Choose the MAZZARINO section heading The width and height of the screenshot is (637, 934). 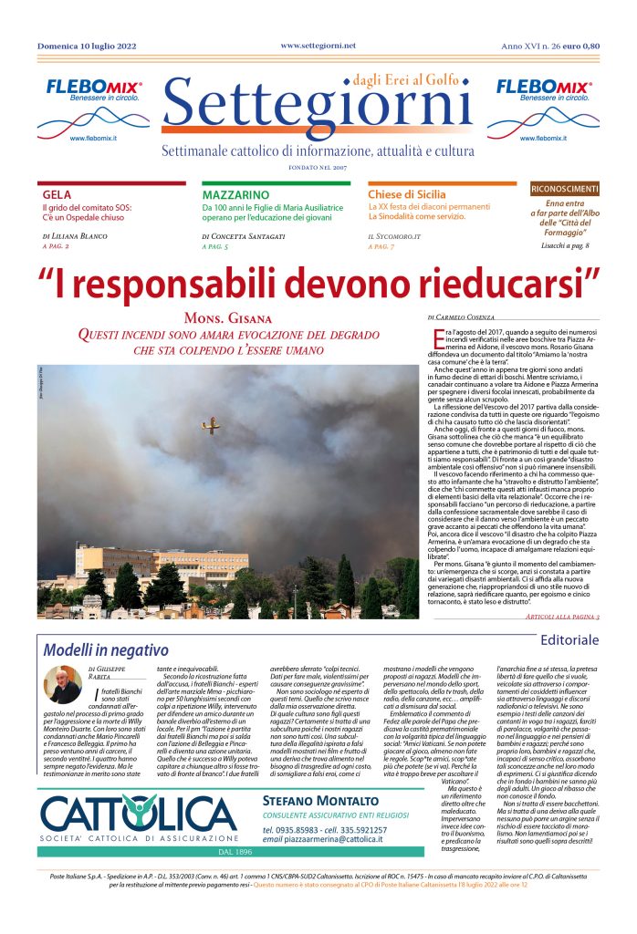235,195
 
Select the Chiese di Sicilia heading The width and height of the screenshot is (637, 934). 407,195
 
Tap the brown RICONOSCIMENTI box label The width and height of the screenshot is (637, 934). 566,188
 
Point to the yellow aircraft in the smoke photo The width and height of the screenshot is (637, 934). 212,424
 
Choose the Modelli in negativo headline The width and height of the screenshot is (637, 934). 106,650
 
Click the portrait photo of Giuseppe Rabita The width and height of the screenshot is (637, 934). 64,684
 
